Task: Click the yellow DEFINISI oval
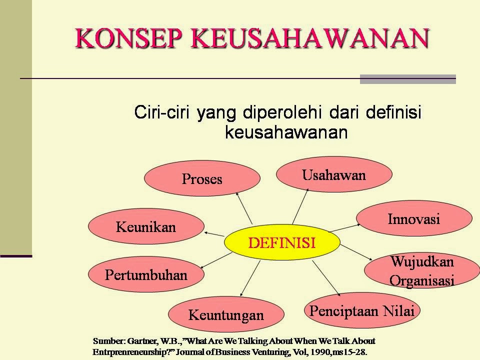282,242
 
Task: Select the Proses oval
202,178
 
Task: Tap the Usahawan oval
334,174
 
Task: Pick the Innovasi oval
414,218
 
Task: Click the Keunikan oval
146,226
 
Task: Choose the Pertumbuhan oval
146,274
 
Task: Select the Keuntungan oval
226,314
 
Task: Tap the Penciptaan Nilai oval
362,310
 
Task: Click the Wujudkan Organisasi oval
422,270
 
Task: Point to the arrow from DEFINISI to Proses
244,208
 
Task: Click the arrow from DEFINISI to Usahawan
300,206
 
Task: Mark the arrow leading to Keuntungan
250,278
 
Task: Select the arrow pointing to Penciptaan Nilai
326,278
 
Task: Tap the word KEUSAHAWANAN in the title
310,38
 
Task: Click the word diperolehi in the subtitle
282,112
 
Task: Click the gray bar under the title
408,79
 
